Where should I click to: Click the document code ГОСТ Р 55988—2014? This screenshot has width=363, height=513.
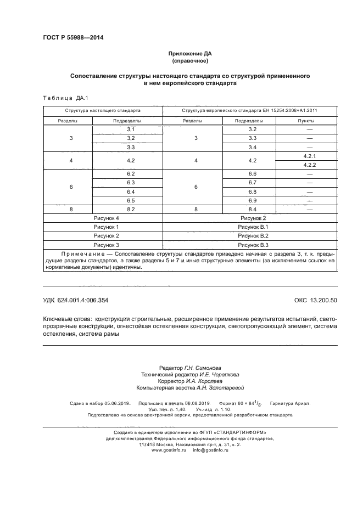point(73,38)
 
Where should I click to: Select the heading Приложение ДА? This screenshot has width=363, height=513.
point(189,54)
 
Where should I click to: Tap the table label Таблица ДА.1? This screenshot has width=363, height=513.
point(61,98)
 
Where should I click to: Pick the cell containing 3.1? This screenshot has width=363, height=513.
point(130,129)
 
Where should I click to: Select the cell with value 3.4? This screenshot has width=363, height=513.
point(253,148)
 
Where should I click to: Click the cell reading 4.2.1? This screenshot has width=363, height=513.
point(309,156)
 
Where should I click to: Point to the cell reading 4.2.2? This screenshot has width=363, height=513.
point(309,165)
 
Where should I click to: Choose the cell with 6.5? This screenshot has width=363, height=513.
point(130,200)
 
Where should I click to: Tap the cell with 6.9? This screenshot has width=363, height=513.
point(253,200)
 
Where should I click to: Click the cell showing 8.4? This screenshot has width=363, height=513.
point(253,209)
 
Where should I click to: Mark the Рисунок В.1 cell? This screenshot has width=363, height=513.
point(253,227)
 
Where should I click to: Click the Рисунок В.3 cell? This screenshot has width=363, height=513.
point(253,244)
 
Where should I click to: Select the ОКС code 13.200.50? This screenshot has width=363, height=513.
point(323,300)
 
